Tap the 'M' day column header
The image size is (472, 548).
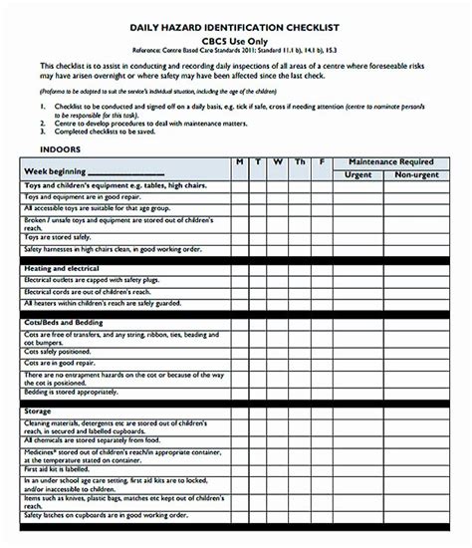(x=239, y=159)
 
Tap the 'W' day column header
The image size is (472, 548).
(x=278, y=159)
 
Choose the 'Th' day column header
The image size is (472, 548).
(x=300, y=159)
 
